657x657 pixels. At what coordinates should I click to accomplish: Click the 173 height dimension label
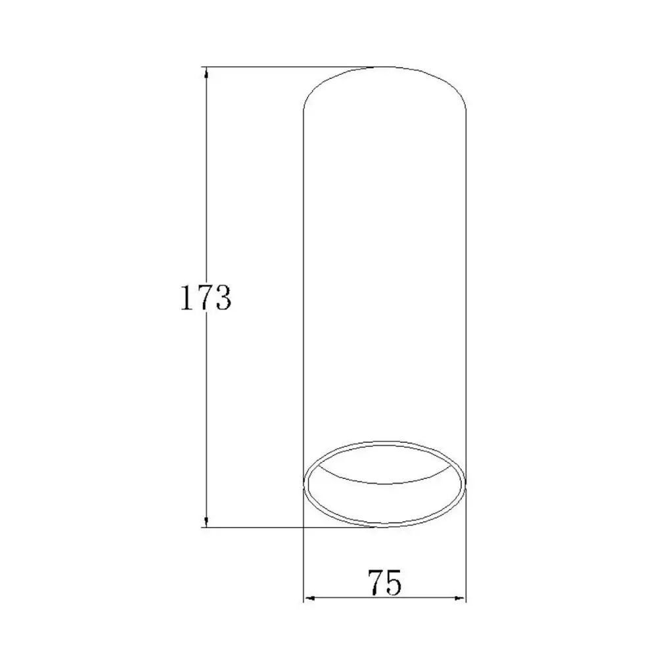(x=205, y=298)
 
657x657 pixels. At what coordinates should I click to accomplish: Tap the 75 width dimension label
(x=384, y=582)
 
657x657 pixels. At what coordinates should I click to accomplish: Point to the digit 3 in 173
(x=223, y=298)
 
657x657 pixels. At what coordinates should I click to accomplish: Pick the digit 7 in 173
(x=204, y=298)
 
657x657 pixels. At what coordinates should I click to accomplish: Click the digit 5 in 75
(x=394, y=582)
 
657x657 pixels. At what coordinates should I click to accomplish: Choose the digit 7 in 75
(x=376, y=582)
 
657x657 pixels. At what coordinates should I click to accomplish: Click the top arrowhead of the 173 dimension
(x=206, y=73)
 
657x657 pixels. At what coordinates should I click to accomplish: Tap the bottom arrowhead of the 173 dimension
(x=206, y=521)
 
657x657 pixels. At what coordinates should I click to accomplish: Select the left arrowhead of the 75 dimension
(x=309, y=599)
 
